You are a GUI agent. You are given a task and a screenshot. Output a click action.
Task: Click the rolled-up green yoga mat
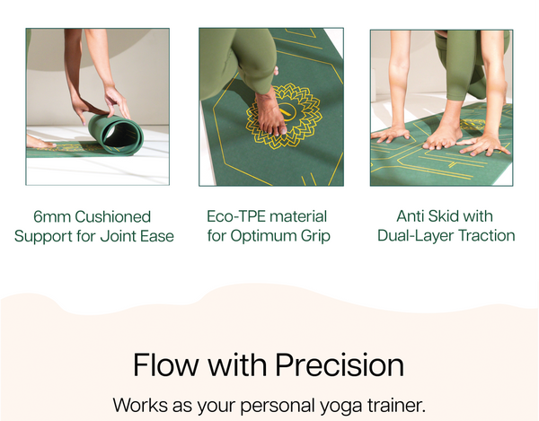point(116,135)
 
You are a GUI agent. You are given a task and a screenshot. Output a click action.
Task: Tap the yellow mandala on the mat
point(284,116)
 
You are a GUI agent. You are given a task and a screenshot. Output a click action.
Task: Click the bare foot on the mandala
point(271,114)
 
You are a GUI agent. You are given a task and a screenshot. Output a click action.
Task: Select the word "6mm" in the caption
point(52,216)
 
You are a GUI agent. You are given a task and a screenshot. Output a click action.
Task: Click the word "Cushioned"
point(113,216)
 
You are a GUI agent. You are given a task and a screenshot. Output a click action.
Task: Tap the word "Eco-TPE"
point(236,216)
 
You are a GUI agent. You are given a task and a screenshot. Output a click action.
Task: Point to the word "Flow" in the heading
point(166,364)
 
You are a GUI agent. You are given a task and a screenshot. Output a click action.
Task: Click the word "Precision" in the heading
point(340,364)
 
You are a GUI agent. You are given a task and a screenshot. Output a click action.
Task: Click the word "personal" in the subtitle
point(277,406)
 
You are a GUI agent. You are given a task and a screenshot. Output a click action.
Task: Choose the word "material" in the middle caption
point(298,216)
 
